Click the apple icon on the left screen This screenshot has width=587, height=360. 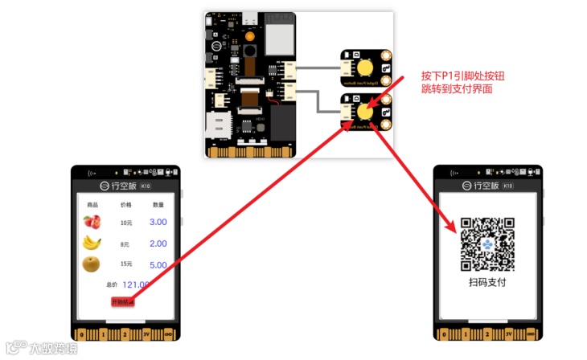(90, 222)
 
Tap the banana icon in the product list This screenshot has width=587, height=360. (92, 243)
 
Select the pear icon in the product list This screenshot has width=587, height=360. (91, 264)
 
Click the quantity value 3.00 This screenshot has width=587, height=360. (158, 222)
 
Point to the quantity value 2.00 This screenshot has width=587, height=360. (158, 243)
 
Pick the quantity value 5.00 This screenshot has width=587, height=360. (158, 264)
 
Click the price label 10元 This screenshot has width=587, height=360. (125, 223)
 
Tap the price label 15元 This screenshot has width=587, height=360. (125, 264)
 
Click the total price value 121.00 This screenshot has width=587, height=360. (136, 284)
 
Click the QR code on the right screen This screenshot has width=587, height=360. (487, 244)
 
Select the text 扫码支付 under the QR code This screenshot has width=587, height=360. (487, 282)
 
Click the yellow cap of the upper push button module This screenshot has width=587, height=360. (367, 67)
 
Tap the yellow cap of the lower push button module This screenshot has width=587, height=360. (367, 111)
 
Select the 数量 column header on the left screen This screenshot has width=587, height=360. (158, 205)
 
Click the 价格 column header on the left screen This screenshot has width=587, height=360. (125, 205)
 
